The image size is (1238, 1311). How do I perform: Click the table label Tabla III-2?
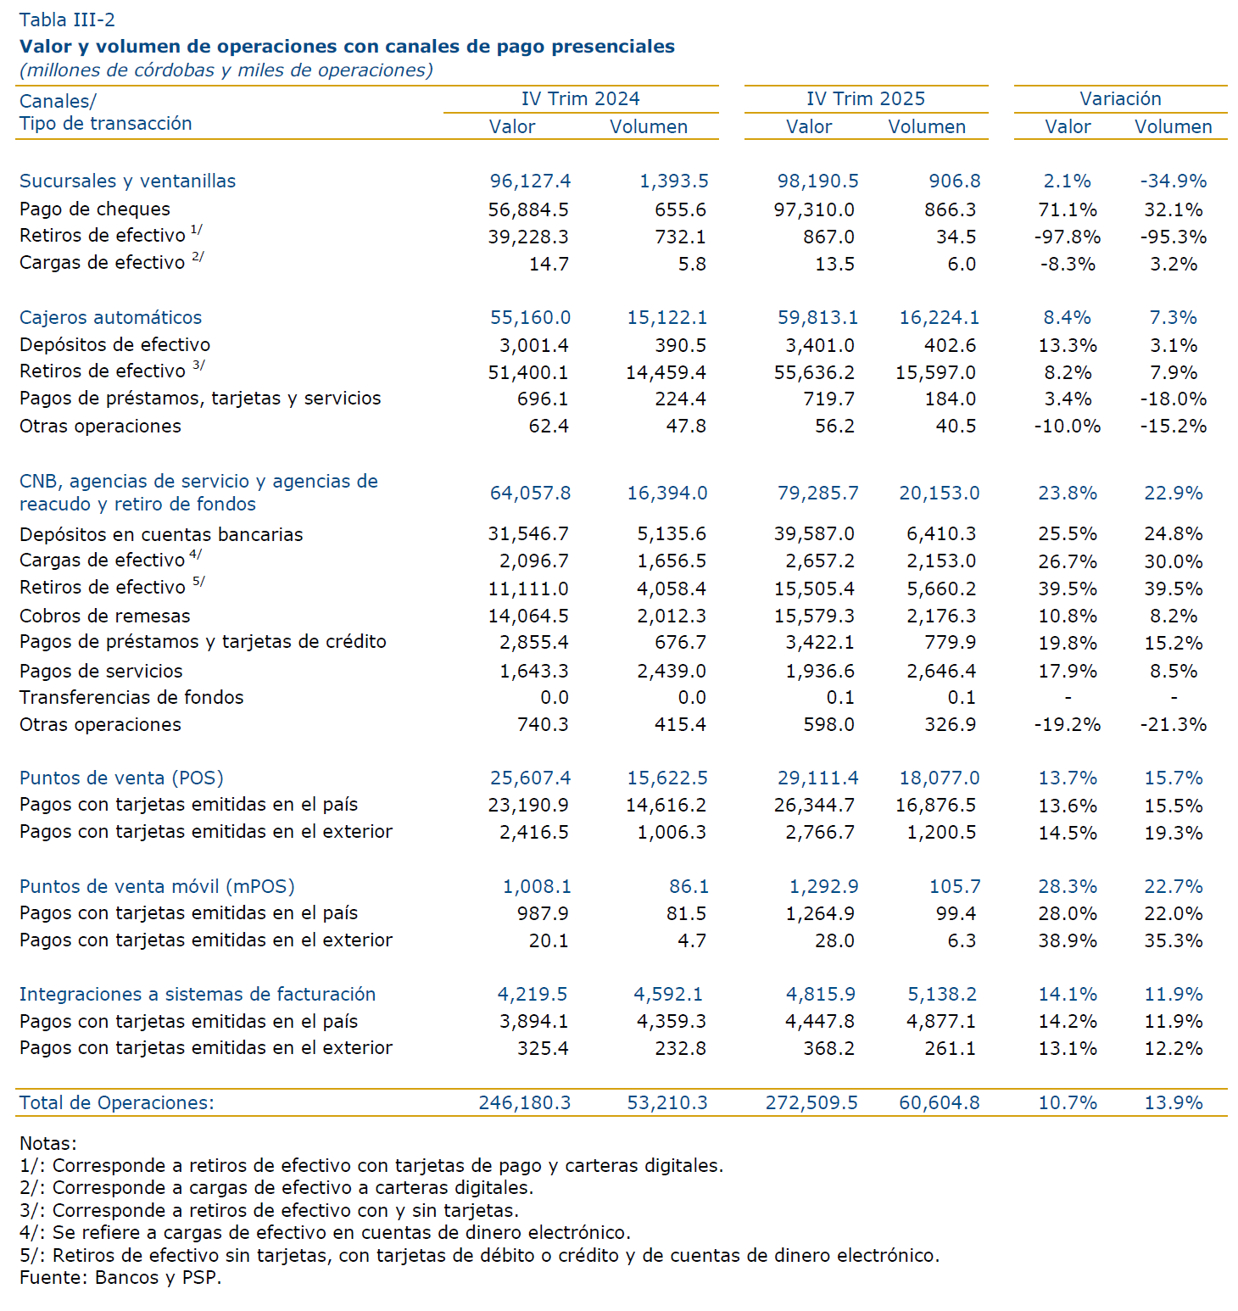pos(67,20)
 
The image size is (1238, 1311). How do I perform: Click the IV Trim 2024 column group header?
pos(580,98)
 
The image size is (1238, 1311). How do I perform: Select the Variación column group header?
pos(1119,98)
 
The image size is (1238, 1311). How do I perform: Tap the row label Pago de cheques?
pos(94,209)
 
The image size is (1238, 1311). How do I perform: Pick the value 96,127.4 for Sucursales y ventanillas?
pos(530,181)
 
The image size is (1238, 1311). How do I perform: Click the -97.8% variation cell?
pos(1067,237)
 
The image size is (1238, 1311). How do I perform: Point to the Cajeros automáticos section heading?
pos(110,317)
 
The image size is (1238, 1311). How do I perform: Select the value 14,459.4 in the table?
pos(666,372)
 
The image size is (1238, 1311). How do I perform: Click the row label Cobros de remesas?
pos(104,616)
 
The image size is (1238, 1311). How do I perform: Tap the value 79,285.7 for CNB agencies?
pos(817,493)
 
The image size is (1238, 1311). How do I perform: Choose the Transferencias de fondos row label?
pos(131,697)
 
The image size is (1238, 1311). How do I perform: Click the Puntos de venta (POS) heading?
pos(121,778)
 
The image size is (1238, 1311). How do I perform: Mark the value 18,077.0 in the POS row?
pos(939,778)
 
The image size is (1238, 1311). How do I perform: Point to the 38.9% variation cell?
pos(1067,940)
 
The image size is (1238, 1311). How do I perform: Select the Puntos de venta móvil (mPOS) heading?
pos(157,886)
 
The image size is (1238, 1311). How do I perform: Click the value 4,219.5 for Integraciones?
pos(532,994)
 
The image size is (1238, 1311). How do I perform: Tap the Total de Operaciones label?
pos(116,1102)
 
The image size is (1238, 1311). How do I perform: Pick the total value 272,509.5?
pos(811,1102)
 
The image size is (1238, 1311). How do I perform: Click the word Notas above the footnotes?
pos(47,1143)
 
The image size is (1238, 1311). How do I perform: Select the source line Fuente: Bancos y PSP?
pos(120,1277)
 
